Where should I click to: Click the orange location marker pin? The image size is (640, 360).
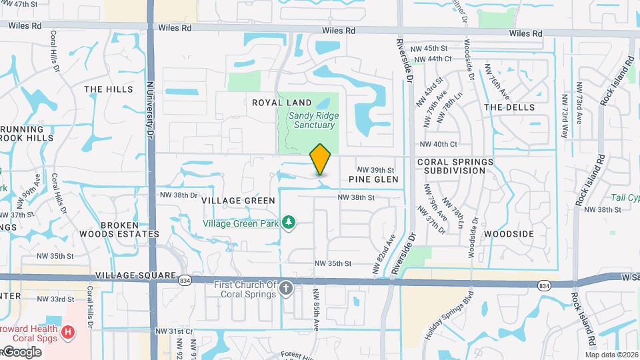(x=320, y=159)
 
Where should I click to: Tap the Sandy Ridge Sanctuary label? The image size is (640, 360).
(x=313, y=120)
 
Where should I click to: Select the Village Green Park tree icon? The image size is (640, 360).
(x=289, y=221)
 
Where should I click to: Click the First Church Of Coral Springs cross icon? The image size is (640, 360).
(x=286, y=288)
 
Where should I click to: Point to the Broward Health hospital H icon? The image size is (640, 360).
(x=67, y=331)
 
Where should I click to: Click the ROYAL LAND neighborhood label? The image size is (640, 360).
(x=282, y=103)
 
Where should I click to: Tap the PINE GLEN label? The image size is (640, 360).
(x=373, y=179)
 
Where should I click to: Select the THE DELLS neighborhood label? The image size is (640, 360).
(x=509, y=107)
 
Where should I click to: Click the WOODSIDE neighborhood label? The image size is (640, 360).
(x=509, y=234)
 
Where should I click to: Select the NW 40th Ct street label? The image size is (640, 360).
(x=438, y=144)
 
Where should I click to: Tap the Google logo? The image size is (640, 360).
(x=21, y=352)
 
